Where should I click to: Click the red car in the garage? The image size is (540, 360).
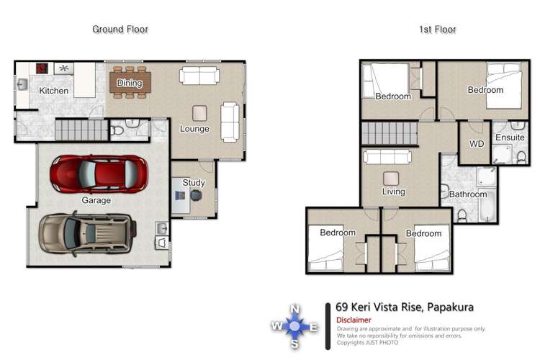(x=99, y=173)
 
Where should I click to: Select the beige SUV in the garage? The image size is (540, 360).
(x=86, y=232)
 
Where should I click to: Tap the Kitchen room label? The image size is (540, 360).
(x=54, y=91)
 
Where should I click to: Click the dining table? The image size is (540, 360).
(x=130, y=83)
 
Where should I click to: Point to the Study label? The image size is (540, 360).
(x=194, y=183)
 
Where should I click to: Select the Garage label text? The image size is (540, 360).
(x=96, y=201)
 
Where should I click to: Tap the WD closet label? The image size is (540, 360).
(x=477, y=144)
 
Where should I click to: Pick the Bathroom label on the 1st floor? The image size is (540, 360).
(x=468, y=194)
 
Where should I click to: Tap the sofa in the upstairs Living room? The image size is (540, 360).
(x=387, y=157)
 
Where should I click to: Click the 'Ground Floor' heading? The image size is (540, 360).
(x=120, y=30)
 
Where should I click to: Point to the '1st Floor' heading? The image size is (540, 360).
(x=437, y=30)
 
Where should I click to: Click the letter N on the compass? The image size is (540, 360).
(x=294, y=308)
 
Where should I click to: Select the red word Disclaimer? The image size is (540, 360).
(x=354, y=320)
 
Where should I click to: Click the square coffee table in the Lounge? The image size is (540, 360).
(x=199, y=112)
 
